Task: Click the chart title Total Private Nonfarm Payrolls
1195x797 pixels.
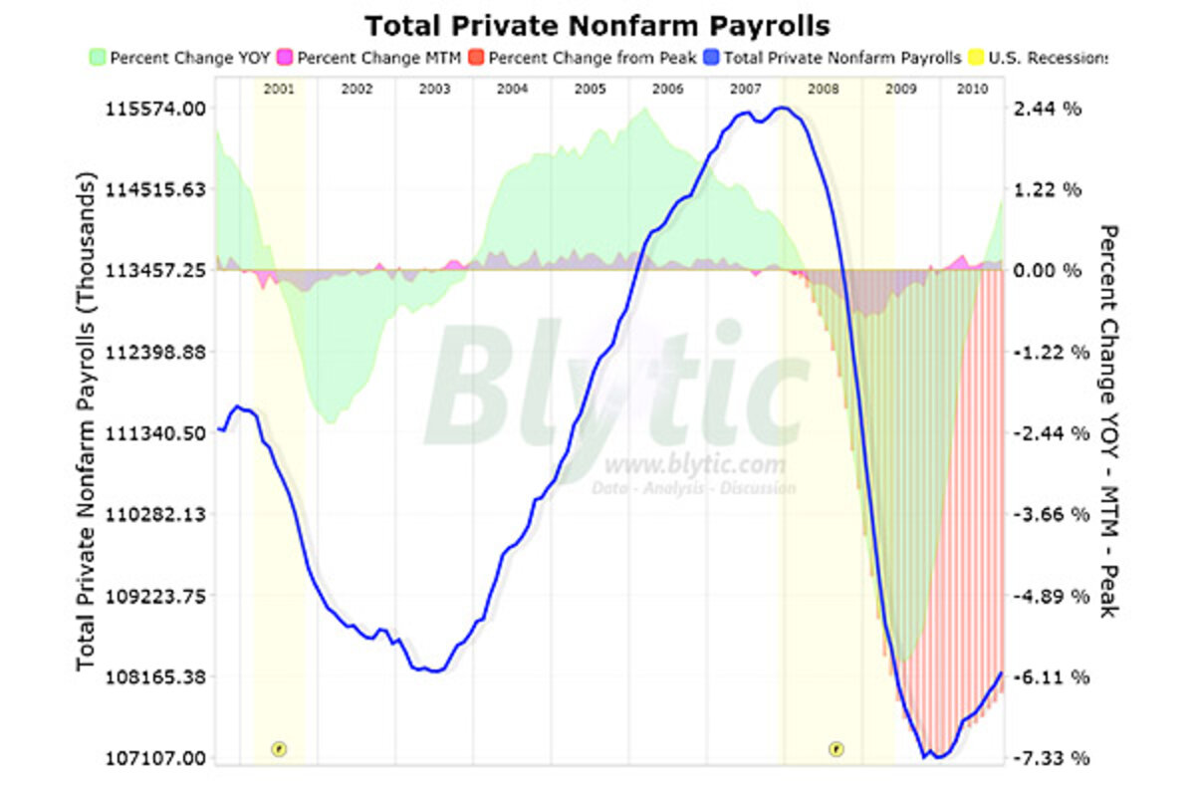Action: click(x=597, y=25)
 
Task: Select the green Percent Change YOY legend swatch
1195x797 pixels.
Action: click(x=97, y=58)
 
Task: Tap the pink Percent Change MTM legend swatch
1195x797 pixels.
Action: click(x=285, y=58)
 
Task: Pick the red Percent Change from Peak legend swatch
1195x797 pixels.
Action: click(x=476, y=58)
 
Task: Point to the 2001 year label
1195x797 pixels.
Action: click(x=279, y=89)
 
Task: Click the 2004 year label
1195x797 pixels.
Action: click(x=512, y=89)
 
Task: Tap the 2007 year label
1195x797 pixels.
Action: click(x=746, y=89)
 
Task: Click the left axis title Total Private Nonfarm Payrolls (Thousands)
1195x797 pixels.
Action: click(x=87, y=423)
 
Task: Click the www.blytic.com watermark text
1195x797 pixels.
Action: click(x=694, y=464)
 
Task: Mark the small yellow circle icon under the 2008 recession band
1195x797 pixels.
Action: click(x=836, y=748)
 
